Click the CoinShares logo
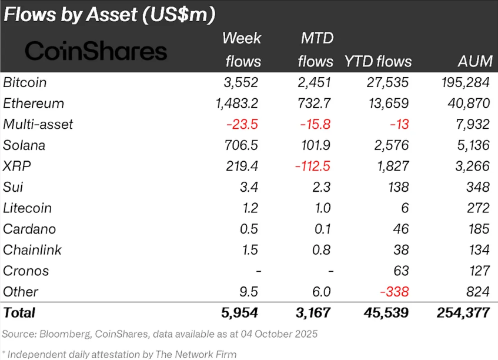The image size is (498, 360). pos(96,51)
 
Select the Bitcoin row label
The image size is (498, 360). pos(25,82)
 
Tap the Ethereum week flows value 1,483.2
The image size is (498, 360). pos(237,104)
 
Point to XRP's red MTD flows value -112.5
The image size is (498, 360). pos(312,166)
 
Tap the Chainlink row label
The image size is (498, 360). pos(32,250)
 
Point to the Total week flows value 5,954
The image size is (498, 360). pos(237,313)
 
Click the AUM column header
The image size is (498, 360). pos(473,61)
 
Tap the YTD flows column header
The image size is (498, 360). pos(377,61)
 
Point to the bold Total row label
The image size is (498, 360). pos(19,313)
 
